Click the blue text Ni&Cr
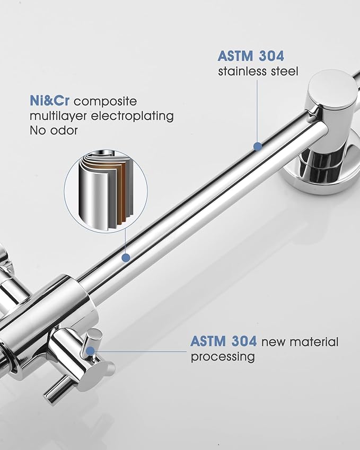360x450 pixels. point(50,101)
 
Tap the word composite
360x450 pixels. point(106,102)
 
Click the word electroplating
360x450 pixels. point(133,116)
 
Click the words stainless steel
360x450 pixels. point(258,71)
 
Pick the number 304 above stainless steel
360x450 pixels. point(271,56)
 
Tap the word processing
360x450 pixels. point(223,357)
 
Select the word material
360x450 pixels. point(314,342)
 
